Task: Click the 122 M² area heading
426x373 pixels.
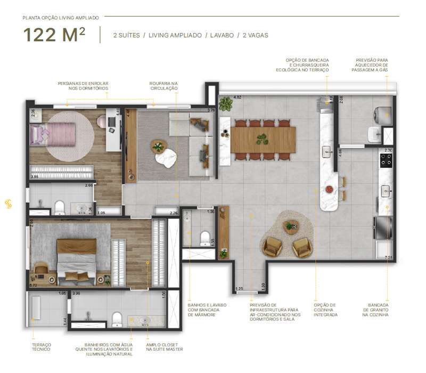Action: click(x=54, y=35)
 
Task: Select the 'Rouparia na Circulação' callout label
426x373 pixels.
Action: click(x=163, y=86)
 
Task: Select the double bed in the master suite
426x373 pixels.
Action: click(x=77, y=262)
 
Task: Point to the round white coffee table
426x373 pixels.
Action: click(x=165, y=158)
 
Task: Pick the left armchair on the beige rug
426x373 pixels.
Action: click(x=272, y=246)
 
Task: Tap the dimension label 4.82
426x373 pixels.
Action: click(x=224, y=98)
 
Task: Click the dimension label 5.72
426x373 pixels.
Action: click(x=34, y=286)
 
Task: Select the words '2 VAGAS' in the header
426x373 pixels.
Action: click(x=255, y=35)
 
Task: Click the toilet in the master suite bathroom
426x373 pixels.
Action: click(x=117, y=319)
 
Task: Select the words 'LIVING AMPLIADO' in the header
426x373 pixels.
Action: click(x=175, y=35)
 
